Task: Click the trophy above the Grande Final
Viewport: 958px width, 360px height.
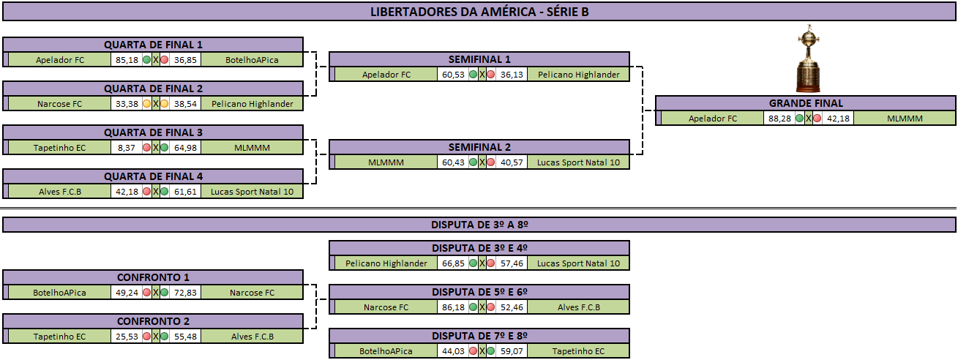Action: point(808,58)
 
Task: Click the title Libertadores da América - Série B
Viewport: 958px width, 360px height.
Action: point(479,12)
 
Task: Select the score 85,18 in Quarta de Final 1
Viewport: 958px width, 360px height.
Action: point(127,60)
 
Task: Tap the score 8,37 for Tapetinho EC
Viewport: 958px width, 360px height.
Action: point(126,148)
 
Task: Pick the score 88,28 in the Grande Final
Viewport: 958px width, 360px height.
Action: point(779,119)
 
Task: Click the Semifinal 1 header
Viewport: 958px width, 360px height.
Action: point(479,59)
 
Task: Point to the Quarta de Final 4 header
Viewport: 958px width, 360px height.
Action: point(153,176)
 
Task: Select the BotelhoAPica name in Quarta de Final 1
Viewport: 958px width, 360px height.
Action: point(252,60)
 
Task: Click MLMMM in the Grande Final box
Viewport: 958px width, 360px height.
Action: point(905,119)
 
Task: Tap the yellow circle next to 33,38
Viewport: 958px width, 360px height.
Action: point(146,104)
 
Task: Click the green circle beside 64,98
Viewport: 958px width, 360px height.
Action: point(164,148)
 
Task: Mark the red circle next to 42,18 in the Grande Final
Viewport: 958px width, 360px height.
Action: point(817,119)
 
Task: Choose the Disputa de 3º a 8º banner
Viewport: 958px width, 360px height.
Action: point(479,225)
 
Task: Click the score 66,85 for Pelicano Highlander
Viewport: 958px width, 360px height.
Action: point(453,263)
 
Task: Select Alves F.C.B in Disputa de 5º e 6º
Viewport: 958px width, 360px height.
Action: point(579,307)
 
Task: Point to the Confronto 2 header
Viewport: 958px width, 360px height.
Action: point(153,321)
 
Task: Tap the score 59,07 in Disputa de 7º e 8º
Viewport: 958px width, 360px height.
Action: point(512,351)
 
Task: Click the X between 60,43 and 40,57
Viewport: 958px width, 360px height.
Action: point(482,162)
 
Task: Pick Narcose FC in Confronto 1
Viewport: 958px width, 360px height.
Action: point(252,293)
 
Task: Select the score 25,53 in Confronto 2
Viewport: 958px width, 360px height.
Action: point(127,337)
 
